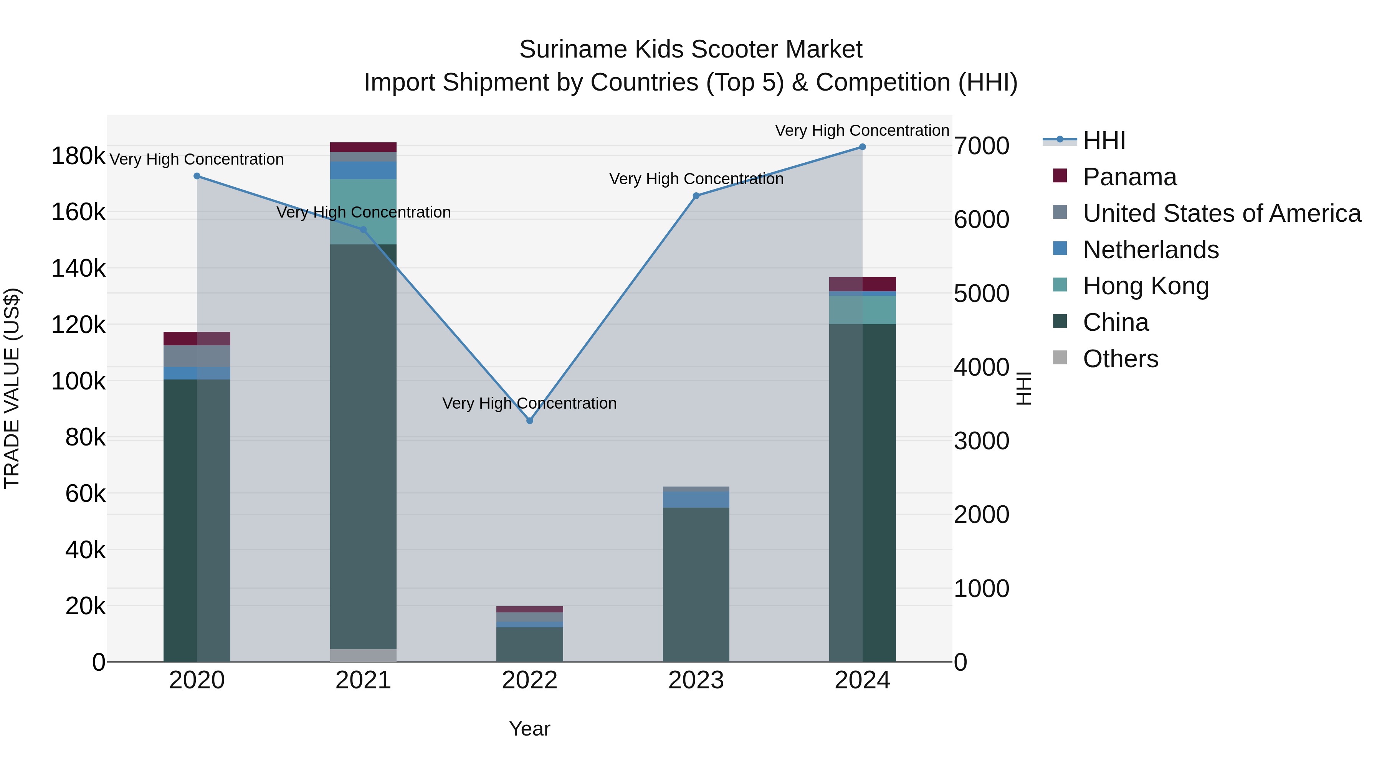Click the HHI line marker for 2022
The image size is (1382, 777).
[x=529, y=421]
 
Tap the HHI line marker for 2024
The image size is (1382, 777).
[x=862, y=147]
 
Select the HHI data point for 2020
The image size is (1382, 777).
[x=197, y=176]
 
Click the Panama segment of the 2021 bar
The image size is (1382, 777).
[x=363, y=147]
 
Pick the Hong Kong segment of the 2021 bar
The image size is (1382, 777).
[x=363, y=212]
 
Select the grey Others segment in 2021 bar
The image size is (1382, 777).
[x=363, y=655]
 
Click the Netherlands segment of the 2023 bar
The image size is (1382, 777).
[x=696, y=499]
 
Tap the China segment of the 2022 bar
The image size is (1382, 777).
[x=529, y=645]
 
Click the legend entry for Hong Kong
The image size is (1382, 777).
[x=1146, y=286]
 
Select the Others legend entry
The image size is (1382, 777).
[x=1120, y=359]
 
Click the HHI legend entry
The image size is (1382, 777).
[x=1104, y=140]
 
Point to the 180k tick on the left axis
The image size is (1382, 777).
[x=78, y=157]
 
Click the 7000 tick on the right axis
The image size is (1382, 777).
[x=981, y=146]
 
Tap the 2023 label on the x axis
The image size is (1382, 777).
[x=696, y=680]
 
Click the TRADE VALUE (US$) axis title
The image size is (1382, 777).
[x=12, y=388]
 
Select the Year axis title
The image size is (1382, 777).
[x=529, y=729]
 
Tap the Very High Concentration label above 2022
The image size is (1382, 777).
[x=529, y=403]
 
